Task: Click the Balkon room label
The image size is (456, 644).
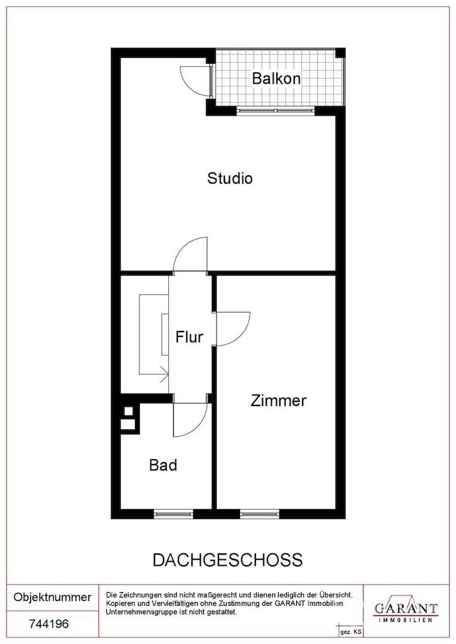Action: pyautogui.click(x=276, y=78)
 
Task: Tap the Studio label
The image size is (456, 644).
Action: pyautogui.click(x=230, y=178)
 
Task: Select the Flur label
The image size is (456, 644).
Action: pyautogui.click(x=189, y=337)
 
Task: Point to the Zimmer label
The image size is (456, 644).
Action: pyautogui.click(x=278, y=401)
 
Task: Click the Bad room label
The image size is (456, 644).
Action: pyautogui.click(x=163, y=465)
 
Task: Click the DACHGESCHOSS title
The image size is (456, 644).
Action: pyautogui.click(x=228, y=560)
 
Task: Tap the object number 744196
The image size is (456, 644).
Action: pyautogui.click(x=50, y=624)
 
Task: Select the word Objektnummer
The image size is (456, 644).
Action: pyautogui.click(x=53, y=597)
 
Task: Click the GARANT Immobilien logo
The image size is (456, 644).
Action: pyautogui.click(x=406, y=611)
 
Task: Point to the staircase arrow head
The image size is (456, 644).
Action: pyautogui.click(x=165, y=374)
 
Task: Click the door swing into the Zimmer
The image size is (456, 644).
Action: pyautogui.click(x=233, y=329)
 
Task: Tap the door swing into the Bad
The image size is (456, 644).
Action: pyautogui.click(x=190, y=420)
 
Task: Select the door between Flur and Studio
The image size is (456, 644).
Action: pyautogui.click(x=190, y=255)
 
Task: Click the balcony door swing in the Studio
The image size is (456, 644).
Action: pyautogui.click(x=196, y=80)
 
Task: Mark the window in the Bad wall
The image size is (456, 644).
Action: pyautogui.click(x=173, y=513)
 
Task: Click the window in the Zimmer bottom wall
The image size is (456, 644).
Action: pyautogui.click(x=260, y=513)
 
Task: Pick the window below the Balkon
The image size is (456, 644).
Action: pyautogui.click(x=276, y=110)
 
